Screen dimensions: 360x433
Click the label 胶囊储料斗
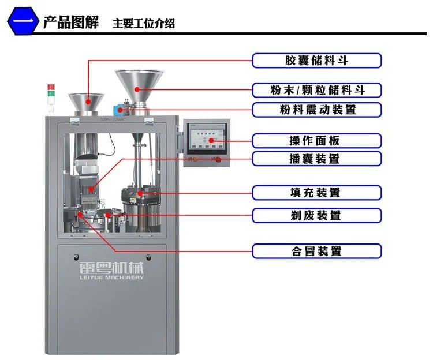point(316,60)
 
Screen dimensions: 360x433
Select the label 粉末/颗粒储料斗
point(316,90)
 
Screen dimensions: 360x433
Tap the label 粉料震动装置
point(316,110)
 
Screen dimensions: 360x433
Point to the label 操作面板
point(316,141)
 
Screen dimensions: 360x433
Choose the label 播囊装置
point(316,159)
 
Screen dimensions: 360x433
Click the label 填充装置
point(316,193)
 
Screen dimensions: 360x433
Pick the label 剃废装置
point(316,215)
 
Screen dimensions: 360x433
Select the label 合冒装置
point(316,251)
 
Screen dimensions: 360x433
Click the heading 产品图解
point(71,22)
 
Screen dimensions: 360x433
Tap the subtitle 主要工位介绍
point(144,24)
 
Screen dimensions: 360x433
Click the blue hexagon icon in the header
point(22,22)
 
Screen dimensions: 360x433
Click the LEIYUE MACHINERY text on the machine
point(110,277)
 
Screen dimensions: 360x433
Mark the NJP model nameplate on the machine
point(109,120)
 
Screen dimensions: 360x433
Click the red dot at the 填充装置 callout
point(140,193)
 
